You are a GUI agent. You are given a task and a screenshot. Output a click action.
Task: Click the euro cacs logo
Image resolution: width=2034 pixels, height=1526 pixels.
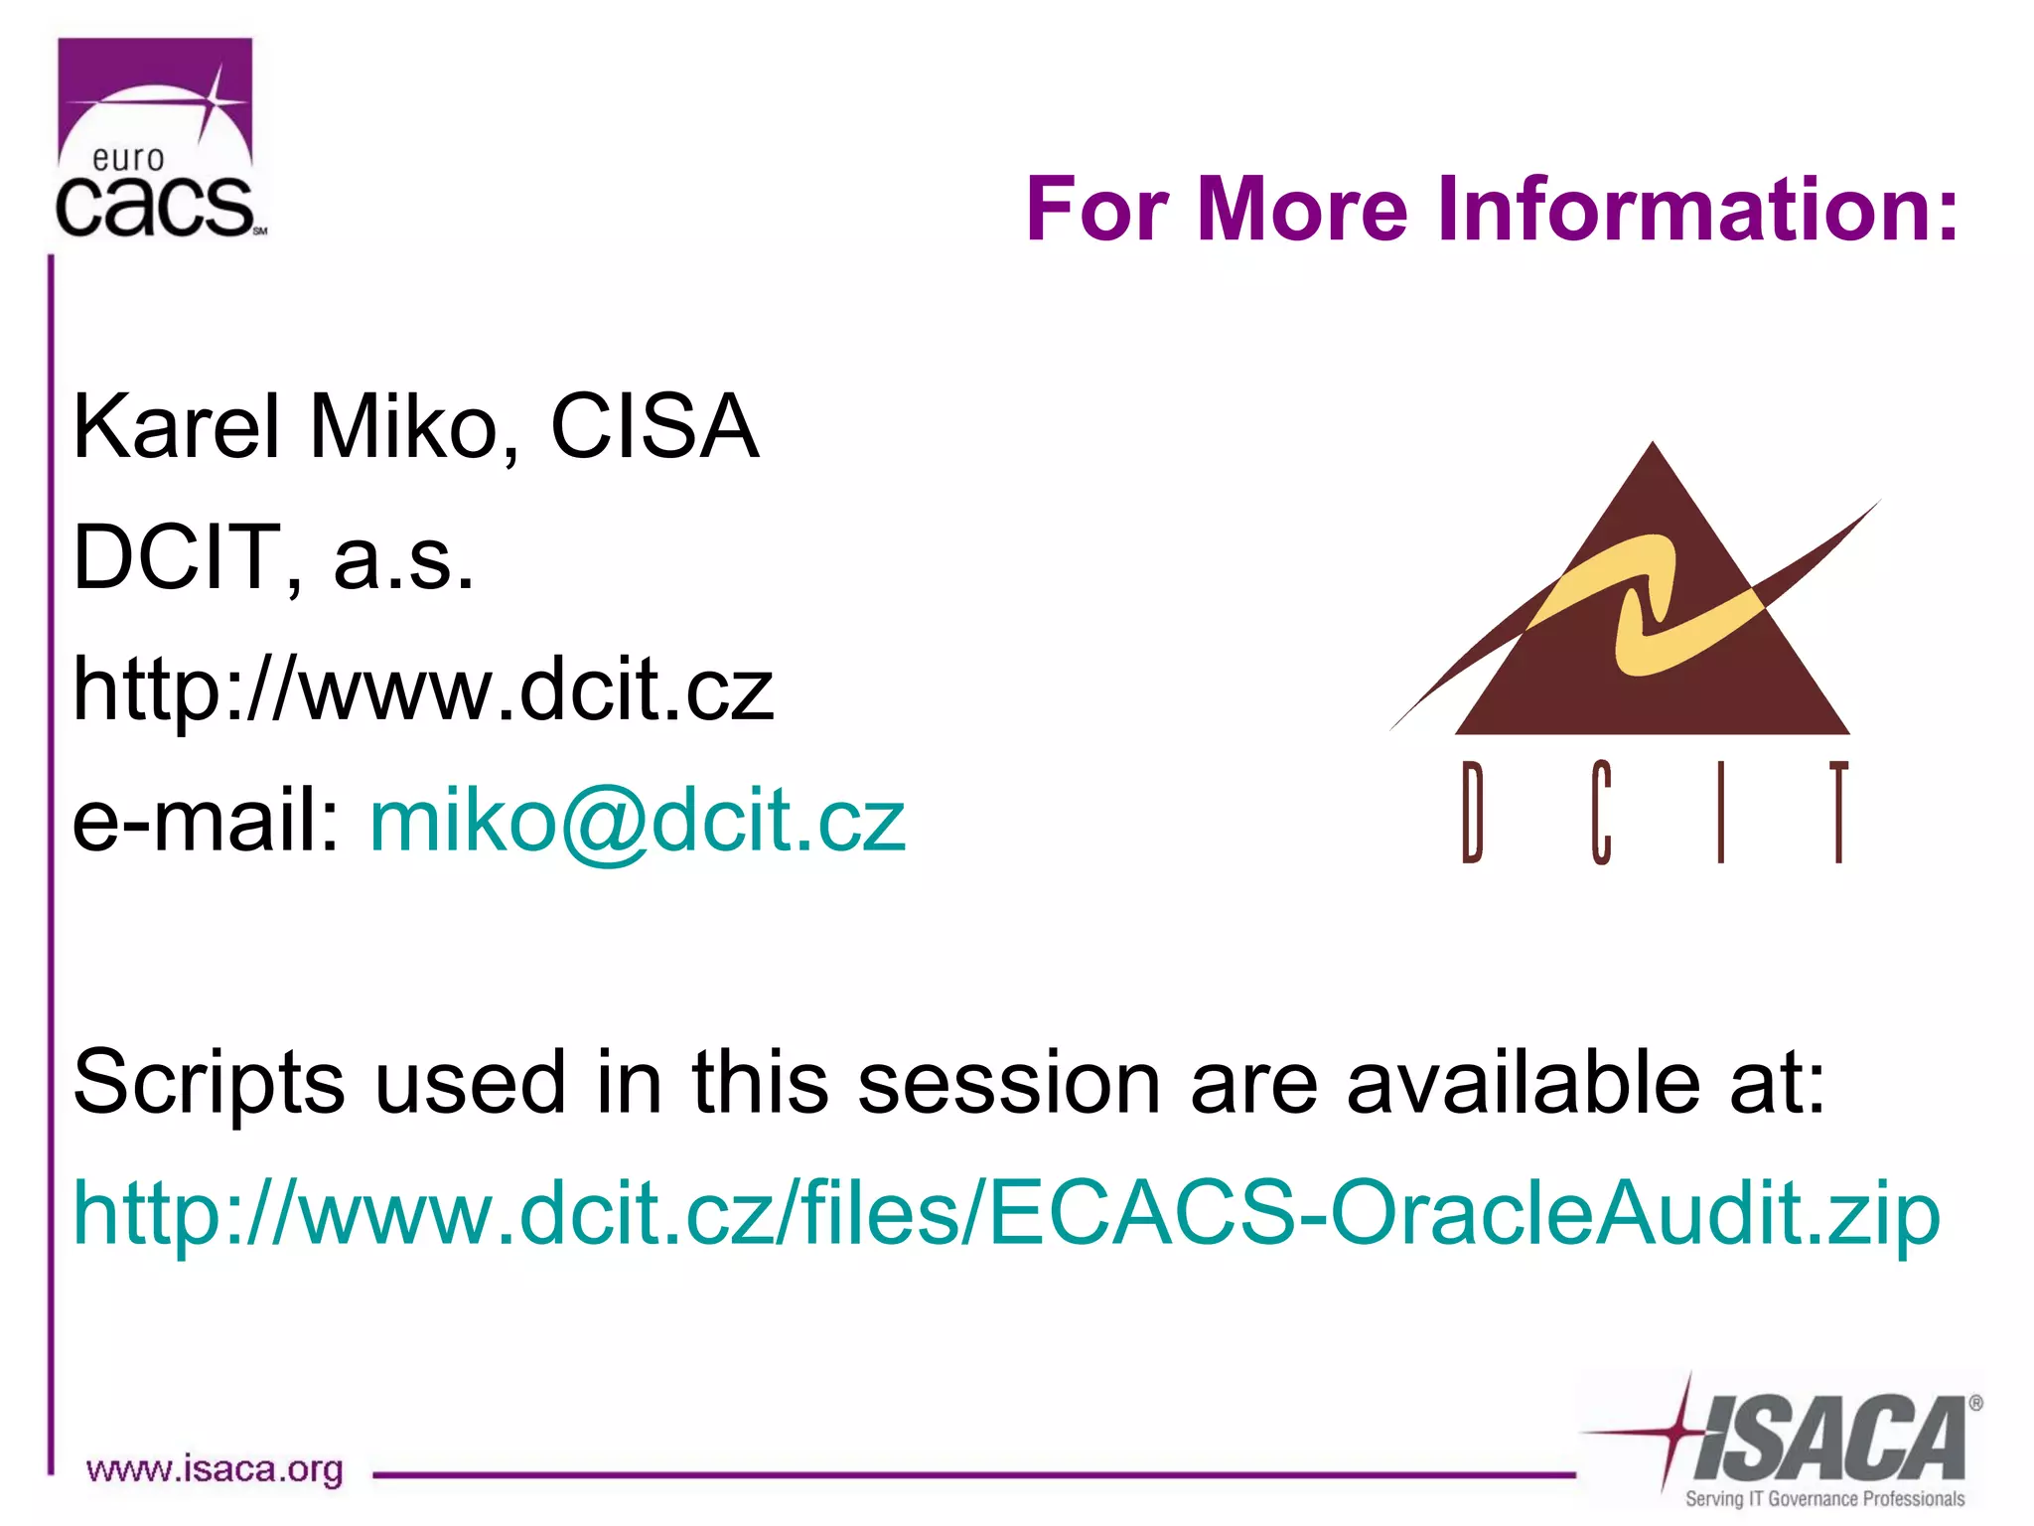156,140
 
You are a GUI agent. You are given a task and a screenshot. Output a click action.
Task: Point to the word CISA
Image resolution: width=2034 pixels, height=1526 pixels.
654,427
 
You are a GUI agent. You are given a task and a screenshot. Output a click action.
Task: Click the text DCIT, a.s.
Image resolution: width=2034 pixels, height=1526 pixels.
273,558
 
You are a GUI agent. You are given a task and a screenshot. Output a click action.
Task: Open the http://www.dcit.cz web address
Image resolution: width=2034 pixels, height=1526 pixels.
422,689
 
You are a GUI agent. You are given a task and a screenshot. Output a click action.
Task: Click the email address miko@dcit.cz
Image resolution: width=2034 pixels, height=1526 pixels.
637,821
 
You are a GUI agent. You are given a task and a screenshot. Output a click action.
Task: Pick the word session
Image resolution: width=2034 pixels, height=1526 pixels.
1008,1083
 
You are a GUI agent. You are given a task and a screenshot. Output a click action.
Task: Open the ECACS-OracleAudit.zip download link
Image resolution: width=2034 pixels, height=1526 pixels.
1005,1214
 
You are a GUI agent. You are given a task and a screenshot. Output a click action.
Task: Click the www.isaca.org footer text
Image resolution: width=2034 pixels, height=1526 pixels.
215,1469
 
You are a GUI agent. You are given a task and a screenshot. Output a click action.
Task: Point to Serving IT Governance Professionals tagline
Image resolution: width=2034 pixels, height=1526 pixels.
1823,1498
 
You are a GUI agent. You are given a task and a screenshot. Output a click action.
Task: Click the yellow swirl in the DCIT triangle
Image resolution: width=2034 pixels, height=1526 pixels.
1649,606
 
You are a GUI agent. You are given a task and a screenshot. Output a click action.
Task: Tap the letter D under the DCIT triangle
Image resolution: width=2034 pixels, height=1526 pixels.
1472,812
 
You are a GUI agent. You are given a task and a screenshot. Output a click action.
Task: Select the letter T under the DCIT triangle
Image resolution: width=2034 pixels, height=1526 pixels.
1838,812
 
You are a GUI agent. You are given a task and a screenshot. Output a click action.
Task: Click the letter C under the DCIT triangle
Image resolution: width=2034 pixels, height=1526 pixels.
1600,812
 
